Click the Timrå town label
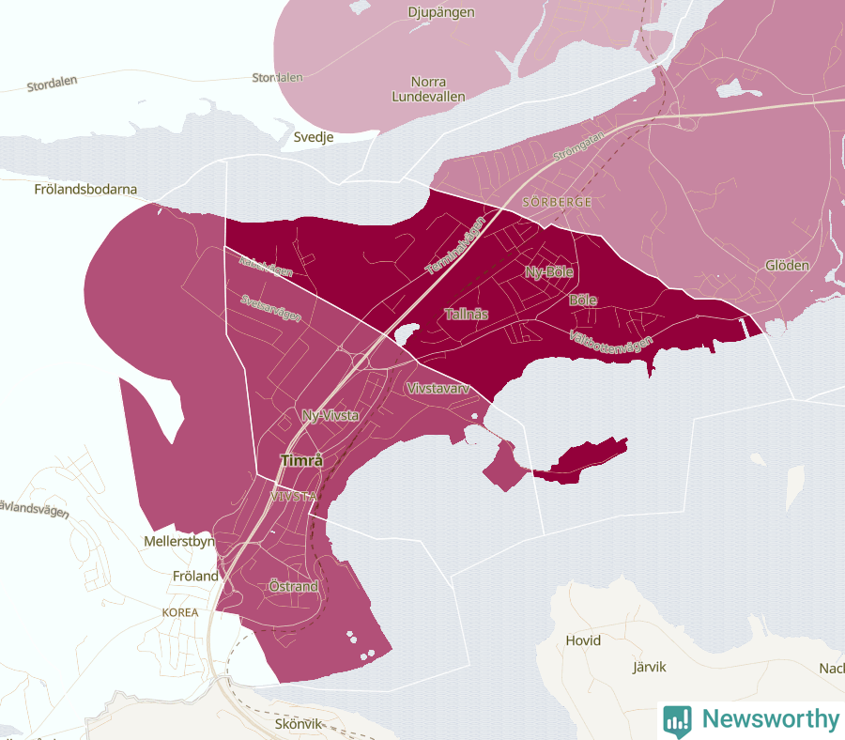point(301,461)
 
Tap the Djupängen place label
point(441,12)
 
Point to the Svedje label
point(314,136)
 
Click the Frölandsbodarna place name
point(84,189)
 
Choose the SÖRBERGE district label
point(556,202)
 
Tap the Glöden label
point(787,265)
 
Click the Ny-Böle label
point(548,272)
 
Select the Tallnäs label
point(467,314)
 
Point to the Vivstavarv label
point(437,388)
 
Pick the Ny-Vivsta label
point(330,415)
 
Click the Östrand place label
point(293,587)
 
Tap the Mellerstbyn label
point(179,542)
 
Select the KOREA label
point(180,612)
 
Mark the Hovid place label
point(583,640)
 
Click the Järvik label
point(648,667)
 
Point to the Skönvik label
point(300,724)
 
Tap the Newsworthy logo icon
point(677,720)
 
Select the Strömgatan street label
point(579,146)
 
